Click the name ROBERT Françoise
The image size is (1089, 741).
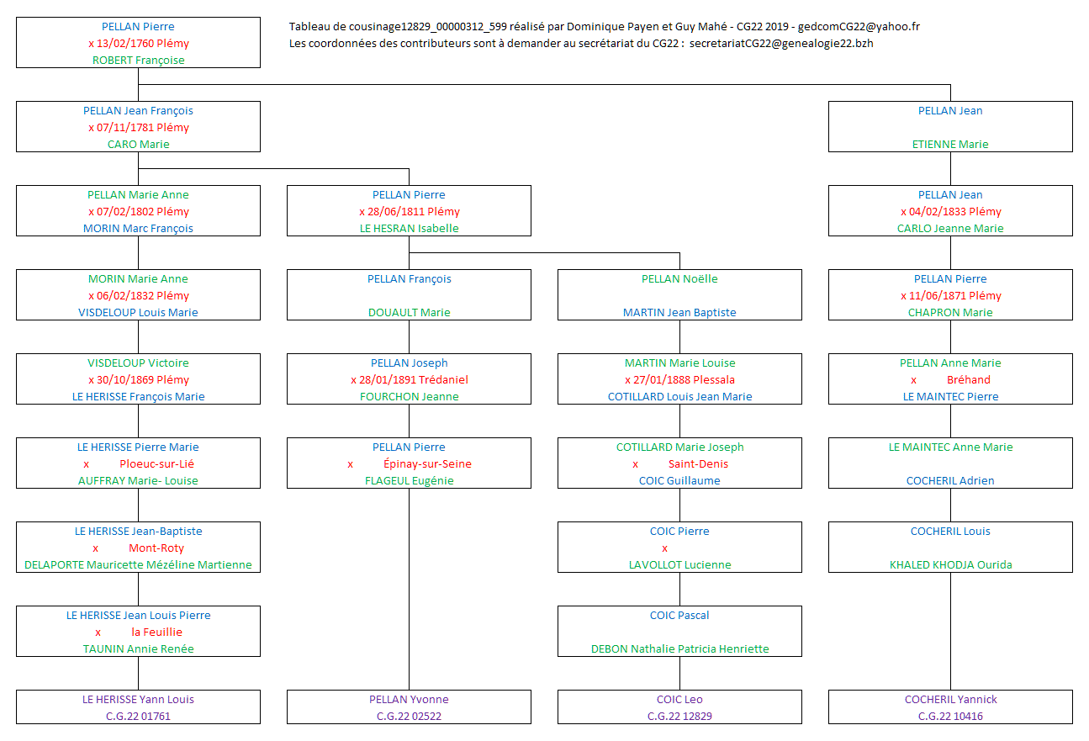138,61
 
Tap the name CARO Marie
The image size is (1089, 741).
138,145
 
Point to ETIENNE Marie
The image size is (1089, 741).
950,145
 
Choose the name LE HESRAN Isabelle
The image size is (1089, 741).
409,229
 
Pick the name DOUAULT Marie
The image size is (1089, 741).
409,313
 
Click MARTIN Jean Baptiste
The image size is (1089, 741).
679,313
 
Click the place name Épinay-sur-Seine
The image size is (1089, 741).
427,464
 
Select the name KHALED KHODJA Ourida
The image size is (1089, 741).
950,565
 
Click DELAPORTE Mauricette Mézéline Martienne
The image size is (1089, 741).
138,565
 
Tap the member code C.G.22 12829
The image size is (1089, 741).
679,717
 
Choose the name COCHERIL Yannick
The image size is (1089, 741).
950,700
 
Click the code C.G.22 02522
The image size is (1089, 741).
409,717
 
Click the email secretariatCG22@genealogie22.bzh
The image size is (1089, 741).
780,44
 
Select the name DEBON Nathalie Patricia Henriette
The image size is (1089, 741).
679,649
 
